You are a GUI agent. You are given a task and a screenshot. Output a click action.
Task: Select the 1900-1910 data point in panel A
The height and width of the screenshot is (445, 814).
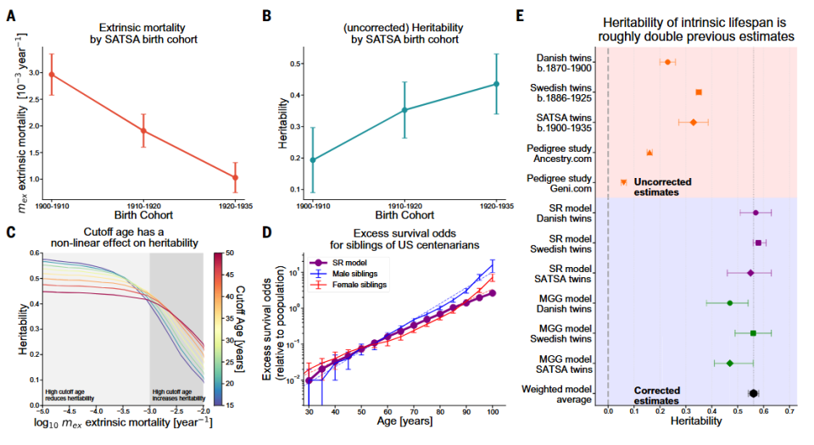52,75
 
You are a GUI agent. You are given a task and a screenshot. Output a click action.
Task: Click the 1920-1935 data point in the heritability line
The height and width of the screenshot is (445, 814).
496,84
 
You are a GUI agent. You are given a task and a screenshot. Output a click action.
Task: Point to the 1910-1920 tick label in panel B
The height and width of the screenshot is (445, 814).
404,205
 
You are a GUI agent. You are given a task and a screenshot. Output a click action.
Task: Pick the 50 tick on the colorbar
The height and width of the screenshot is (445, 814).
231,252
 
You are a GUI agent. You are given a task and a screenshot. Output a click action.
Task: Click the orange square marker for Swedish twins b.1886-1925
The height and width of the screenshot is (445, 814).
699,92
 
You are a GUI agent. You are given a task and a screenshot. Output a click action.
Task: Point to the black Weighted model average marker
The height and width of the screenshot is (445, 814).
753,393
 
